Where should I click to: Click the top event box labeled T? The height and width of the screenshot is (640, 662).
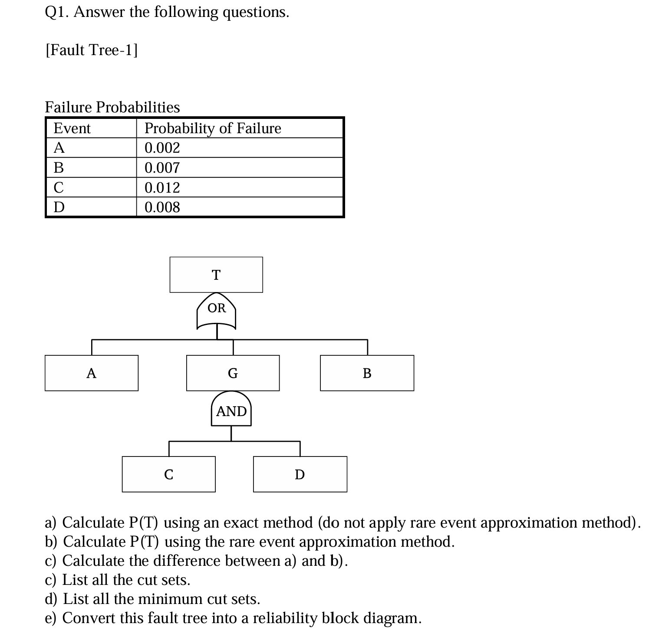[x=216, y=275]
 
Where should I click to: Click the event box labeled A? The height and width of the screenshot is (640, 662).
[x=91, y=373]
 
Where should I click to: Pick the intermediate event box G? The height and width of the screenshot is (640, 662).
[x=233, y=373]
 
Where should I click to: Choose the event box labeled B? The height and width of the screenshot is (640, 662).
[x=367, y=373]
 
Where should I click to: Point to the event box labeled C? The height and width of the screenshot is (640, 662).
[x=168, y=474]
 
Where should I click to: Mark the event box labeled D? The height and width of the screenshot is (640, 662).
[x=300, y=474]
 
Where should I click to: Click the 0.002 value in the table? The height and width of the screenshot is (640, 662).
[x=162, y=148]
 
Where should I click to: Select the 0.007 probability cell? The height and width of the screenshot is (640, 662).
[x=162, y=167]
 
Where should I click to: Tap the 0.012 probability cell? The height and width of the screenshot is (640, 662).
[x=162, y=187]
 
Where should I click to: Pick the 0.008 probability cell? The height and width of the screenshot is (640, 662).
[x=162, y=207]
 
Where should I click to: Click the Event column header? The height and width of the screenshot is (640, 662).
[x=72, y=128]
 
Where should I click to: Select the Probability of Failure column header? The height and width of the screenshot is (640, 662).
[x=213, y=128]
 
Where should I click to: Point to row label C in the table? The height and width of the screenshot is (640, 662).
[x=59, y=187]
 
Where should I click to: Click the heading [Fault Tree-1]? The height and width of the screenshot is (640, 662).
[x=92, y=50]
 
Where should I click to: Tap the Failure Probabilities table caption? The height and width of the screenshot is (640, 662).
[x=112, y=107]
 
